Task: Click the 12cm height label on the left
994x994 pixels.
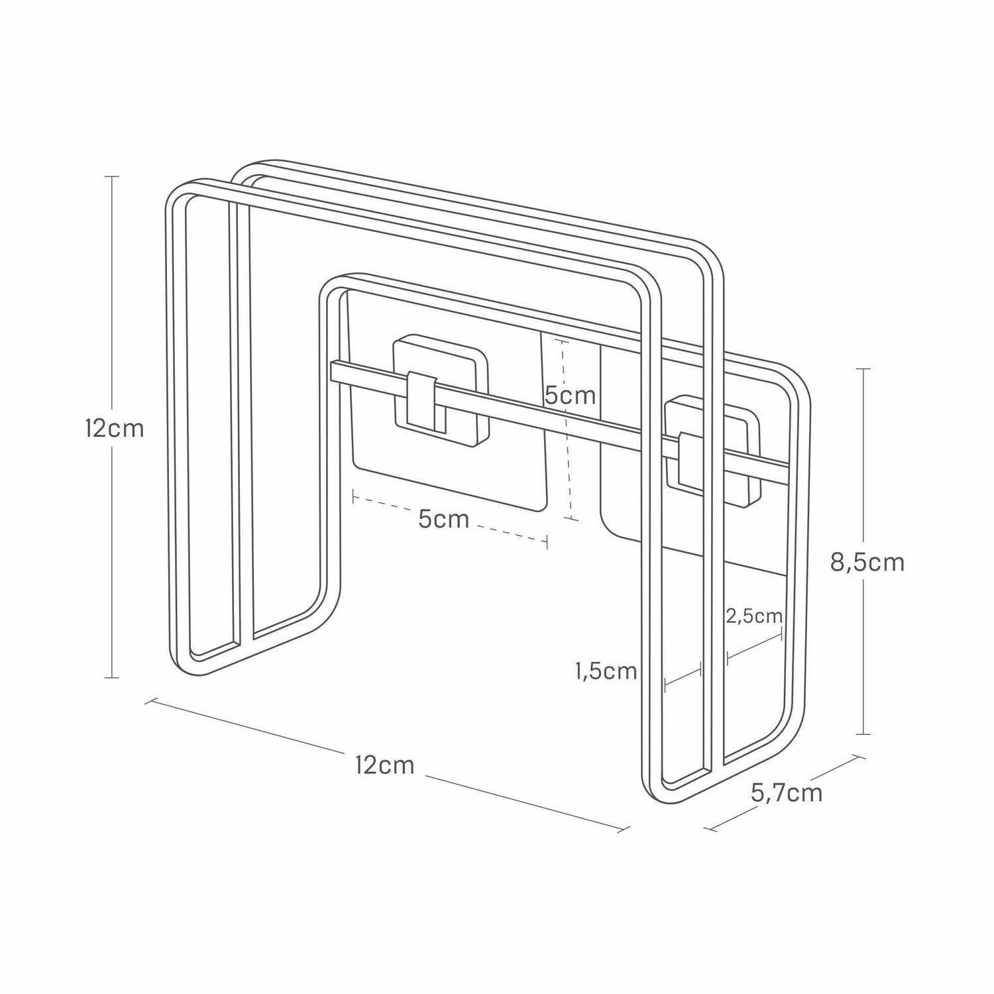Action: pos(114,429)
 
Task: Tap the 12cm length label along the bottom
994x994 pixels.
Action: pos(384,765)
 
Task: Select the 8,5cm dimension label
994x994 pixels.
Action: pos(867,563)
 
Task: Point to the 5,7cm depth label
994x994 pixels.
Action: pos(787,793)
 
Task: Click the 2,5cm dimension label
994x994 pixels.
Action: pos(754,616)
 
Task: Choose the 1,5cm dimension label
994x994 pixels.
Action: pos(606,671)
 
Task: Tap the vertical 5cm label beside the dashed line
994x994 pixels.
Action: pos(570,396)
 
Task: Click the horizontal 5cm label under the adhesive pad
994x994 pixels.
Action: pos(443,519)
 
